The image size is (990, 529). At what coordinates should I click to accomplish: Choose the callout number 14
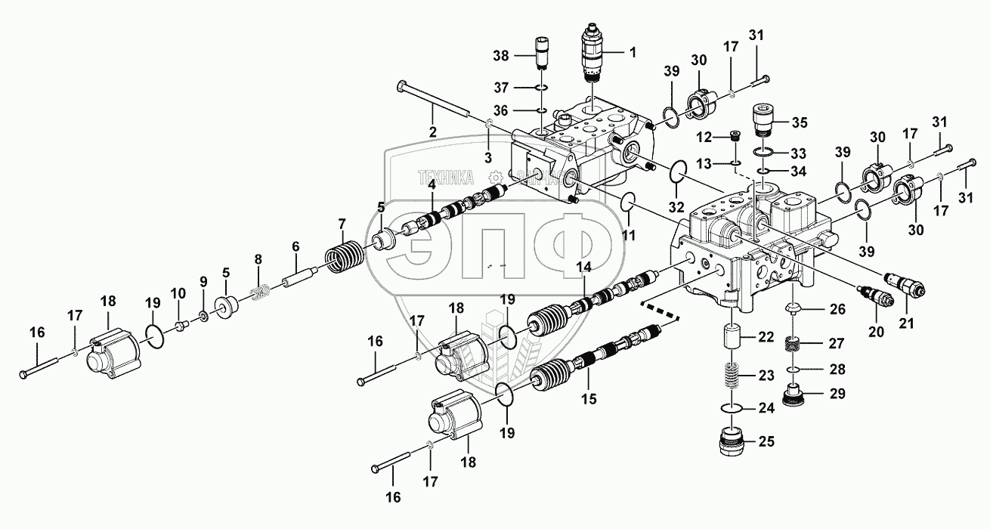pos(583,266)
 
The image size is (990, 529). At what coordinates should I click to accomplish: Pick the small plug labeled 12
pos(734,138)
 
